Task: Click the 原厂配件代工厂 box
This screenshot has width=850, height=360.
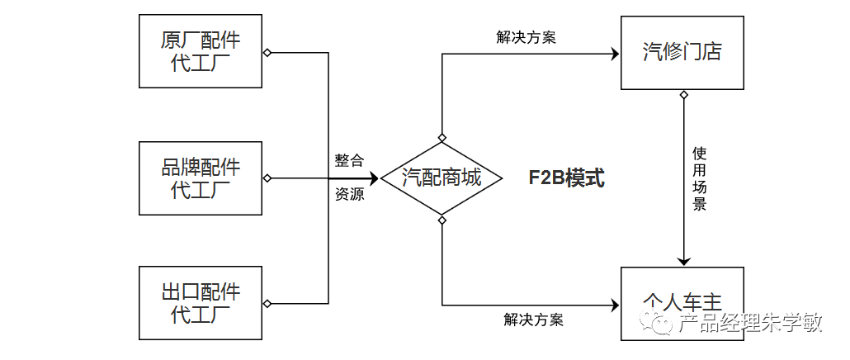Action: point(201,52)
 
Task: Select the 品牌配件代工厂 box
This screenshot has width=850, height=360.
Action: point(201,178)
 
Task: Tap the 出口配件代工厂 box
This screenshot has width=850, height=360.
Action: point(201,303)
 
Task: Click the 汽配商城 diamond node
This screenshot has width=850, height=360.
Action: point(442,178)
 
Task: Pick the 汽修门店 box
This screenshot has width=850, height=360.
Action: point(682,52)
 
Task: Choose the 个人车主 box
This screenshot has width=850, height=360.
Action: point(682,303)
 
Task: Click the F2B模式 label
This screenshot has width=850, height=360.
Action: point(567,178)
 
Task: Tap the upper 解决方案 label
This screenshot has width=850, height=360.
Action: point(526,37)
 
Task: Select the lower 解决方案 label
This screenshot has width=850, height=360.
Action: point(533,320)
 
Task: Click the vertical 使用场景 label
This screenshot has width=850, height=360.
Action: point(699,178)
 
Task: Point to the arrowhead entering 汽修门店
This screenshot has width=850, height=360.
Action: point(614,54)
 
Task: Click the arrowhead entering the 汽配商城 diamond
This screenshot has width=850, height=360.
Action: point(373,178)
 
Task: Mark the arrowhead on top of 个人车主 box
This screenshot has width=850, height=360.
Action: point(683,261)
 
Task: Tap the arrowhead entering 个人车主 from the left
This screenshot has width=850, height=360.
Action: point(614,304)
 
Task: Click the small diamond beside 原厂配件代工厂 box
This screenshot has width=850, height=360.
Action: point(267,53)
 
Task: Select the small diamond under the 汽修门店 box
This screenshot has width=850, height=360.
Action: point(683,95)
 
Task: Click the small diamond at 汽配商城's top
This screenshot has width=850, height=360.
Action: point(442,137)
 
